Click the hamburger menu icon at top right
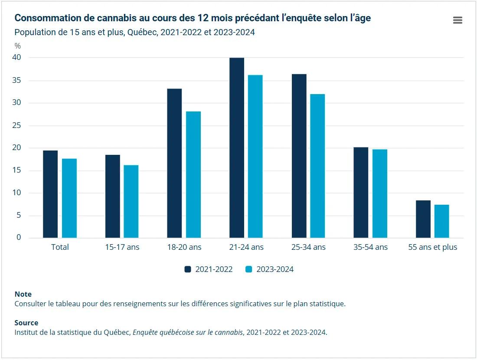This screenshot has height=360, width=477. pyautogui.click(x=457, y=20)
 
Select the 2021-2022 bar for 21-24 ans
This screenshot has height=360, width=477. pyautogui.click(x=237, y=147)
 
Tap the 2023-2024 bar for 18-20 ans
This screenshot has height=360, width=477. pyautogui.click(x=193, y=174)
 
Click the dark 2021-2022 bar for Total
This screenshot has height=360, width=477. pyautogui.click(x=50, y=194)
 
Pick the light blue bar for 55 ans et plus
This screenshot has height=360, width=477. pyautogui.click(x=442, y=221)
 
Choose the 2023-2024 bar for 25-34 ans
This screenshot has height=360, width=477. pyautogui.click(x=317, y=166)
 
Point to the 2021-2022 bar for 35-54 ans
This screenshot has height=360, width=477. pyautogui.click(x=361, y=193)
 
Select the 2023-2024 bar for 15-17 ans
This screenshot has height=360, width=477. pyautogui.click(x=131, y=201)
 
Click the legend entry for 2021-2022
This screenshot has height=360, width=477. pyautogui.click(x=209, y=269)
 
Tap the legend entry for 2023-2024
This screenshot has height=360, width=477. pyautogui.click(x=269, y=269)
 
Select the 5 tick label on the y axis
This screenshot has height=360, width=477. pyautogui.click(x=18, y=215)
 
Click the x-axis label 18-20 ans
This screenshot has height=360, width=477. pyautogui.click(x=184, y=247)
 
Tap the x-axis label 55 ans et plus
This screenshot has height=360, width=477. pyautogui.click(x=432, y=247)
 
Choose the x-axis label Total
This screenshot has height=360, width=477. pyautogui.click(x=60, y=247)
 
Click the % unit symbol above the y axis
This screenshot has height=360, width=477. pyautogui.click(x=17, y=46)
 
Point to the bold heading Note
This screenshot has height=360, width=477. pyautogui.click(x=23, y=294)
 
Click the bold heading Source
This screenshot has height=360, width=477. pyautogui.click(x=26, y=323)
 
